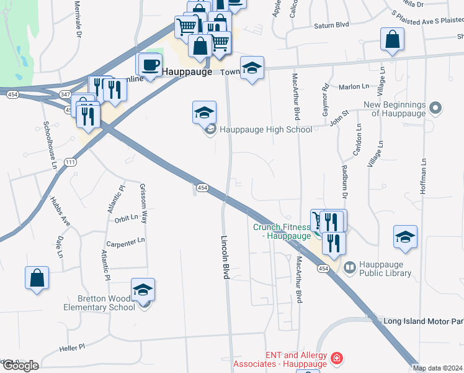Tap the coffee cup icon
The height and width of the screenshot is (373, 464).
coord(149,65)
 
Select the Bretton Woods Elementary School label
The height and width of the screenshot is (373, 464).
coord(99,303)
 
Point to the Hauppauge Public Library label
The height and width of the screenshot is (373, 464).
coord(377,268)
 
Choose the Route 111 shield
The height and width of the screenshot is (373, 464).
coord(71,162)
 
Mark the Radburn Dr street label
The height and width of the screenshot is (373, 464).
coord(345,180)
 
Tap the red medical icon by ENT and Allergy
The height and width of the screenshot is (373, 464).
coord(336,358)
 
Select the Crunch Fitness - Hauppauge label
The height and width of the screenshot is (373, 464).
coord(282,231)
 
